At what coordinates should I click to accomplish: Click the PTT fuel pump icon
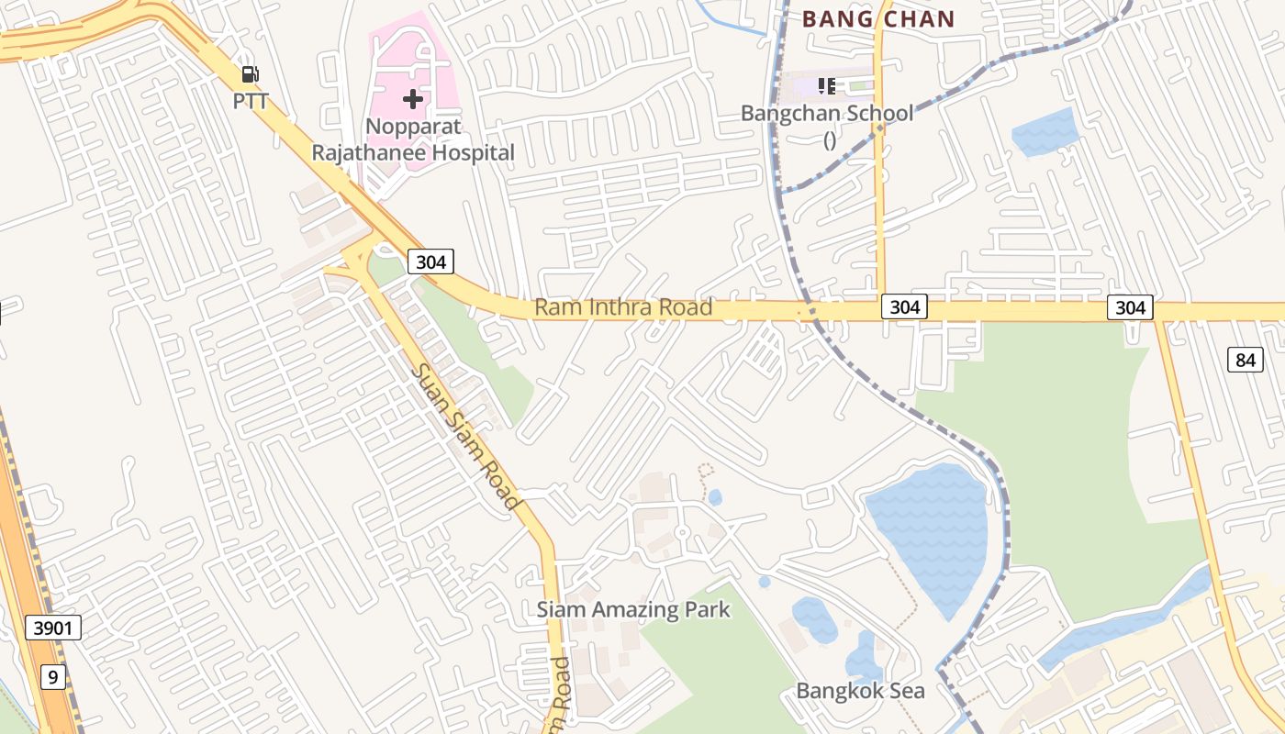tap(249, 74)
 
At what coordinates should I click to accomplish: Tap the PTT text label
tap(250, 101)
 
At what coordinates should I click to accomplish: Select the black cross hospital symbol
tap(413, 98)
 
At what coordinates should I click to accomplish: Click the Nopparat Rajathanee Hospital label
tap(413, 139)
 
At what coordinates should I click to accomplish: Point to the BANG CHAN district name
tap(878, 18)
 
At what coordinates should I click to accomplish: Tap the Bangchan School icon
tap(827, 86)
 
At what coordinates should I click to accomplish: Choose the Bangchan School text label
tap(827, 114)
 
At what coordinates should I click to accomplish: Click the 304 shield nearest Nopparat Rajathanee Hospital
tap(430, 261)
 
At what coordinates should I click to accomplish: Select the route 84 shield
tap(1245, 360)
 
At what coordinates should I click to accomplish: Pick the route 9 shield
tap(53, 677)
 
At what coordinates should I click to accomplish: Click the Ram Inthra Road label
tap(623, 306)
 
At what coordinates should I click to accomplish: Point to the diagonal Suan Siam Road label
tap(465, 437)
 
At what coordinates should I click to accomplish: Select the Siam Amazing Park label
tap(633, 609)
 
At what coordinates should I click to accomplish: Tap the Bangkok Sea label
tap(860, 691)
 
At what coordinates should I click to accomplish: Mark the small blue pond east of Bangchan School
tap(1045, 132)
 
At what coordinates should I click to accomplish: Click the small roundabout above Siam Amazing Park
tap(682, 532)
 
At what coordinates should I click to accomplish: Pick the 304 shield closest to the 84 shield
tap(1130, 307)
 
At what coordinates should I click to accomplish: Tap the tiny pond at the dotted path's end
tap(715, 497)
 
